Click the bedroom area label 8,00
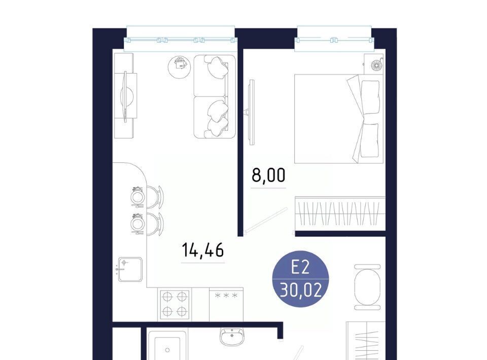point(268,175)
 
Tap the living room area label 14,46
point(203,250)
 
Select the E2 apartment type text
point(300,267)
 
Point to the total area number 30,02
point(300,291)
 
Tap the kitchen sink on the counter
point(130,269)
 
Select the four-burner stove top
point(175,304)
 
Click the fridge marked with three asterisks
point(226,304)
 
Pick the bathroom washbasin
point(232,336)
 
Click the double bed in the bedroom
point(339,119)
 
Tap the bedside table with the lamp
point(374,63)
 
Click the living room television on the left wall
point(126,96)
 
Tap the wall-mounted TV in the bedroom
point(251,112)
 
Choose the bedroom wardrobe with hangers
point(340,213)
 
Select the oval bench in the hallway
point(367,287)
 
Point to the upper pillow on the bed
point(370,97)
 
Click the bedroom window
point(334,40)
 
